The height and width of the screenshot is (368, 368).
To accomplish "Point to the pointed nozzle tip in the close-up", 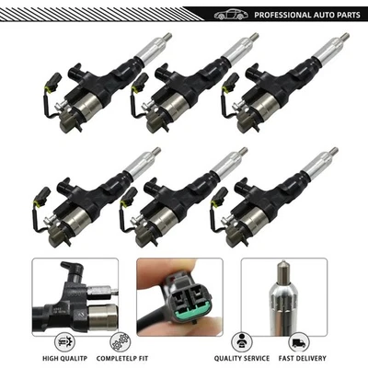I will pyautogui.click(x=282, y=272).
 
